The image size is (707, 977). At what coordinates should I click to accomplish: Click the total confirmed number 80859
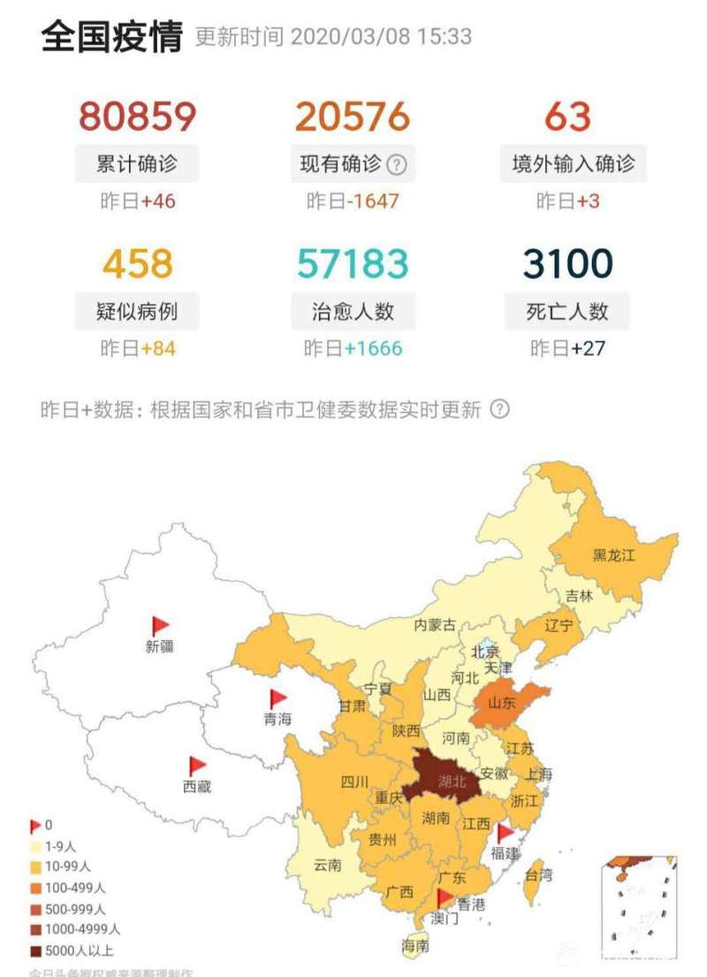137,117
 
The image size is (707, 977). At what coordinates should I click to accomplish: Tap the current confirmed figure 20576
353,117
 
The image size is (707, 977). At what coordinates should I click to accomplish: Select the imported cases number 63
567,117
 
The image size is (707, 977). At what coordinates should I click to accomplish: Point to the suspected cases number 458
137,263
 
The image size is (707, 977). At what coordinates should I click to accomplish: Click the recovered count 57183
353,263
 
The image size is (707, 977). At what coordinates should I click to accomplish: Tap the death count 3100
567,263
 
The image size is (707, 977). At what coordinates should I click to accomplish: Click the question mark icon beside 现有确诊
397,164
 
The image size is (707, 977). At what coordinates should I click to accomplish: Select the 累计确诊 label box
137,164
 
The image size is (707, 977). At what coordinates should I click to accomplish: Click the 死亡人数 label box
567,311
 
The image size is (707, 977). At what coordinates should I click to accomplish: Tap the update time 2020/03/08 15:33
380,37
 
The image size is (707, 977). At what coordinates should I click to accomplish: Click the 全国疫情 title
111,37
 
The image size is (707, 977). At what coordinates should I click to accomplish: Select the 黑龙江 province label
613,556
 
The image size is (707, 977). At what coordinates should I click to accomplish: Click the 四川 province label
354,782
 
